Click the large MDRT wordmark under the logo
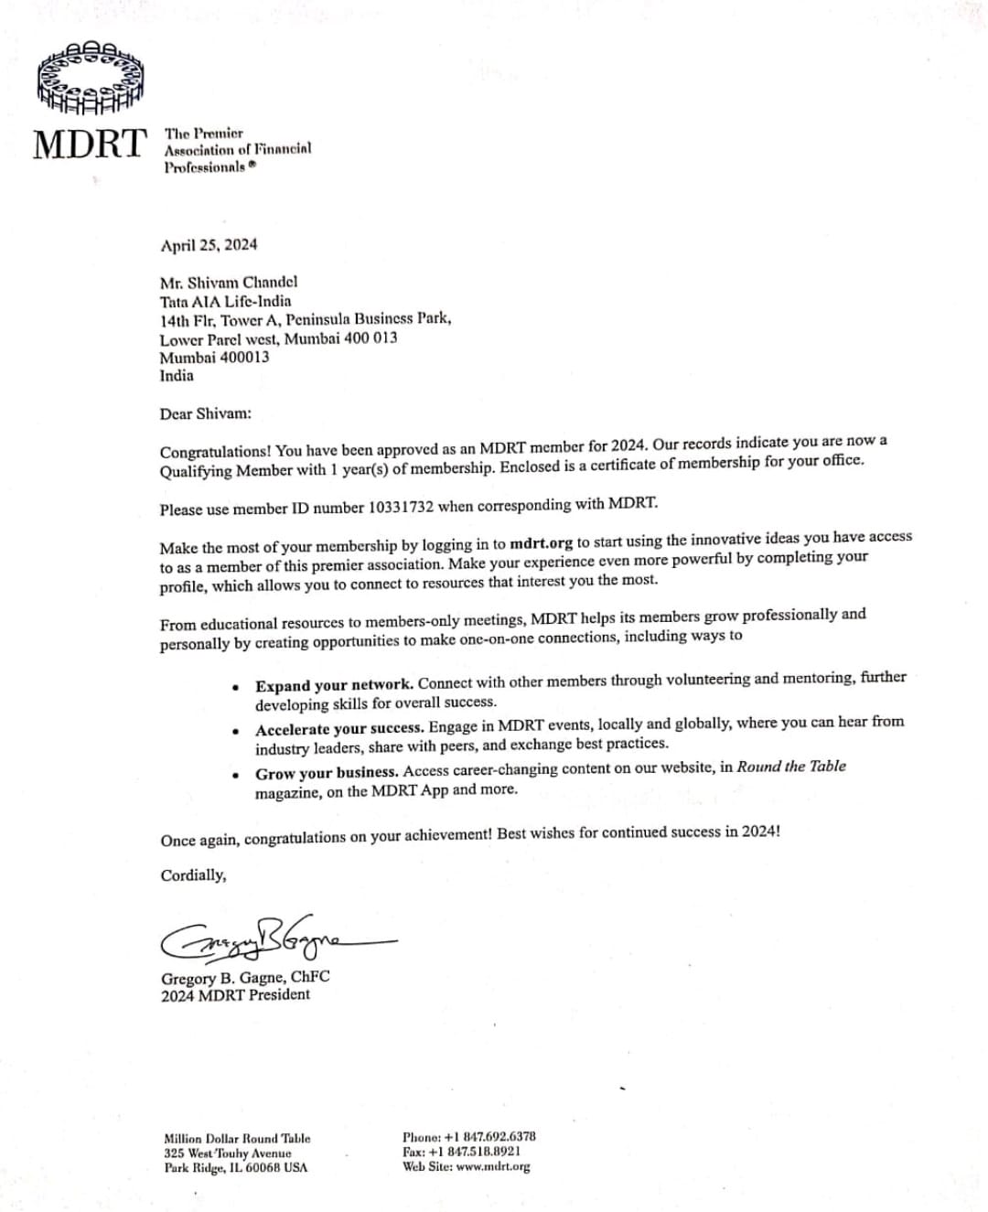[89, 144]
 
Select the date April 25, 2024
[209, 244]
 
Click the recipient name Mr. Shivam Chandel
[229, 282]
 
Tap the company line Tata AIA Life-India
[225, 301]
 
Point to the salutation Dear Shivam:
[205, 413]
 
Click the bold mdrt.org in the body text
[541, 543]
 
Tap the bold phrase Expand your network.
[334, 684]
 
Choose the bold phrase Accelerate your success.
[339, 729]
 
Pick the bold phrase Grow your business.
[327, 773]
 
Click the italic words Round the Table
[791, 767]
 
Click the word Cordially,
[193, 875]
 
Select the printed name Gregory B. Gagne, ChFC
[245, 977]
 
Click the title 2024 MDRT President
[235, 995]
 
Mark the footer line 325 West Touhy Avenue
[227, 1153]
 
